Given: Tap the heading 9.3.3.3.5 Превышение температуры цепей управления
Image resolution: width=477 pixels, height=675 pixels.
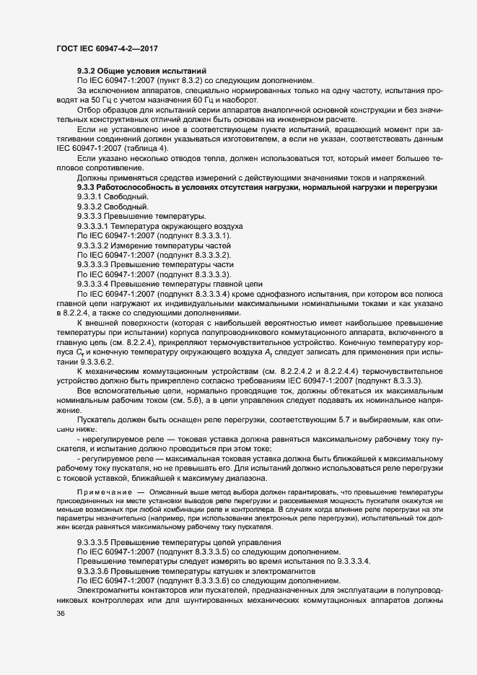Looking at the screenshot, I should pos(174,542).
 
